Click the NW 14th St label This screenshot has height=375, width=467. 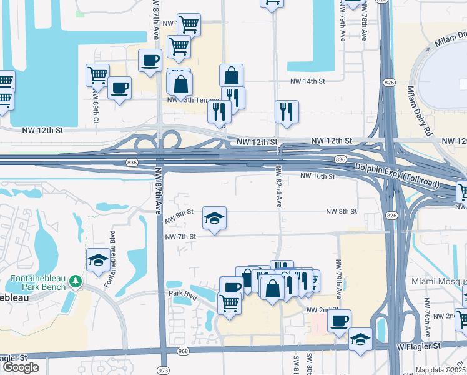(307, 81)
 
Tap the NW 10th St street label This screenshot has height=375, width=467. (318, 176)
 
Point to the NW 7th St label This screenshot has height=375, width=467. (180, 237)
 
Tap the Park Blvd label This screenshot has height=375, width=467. (183, 292)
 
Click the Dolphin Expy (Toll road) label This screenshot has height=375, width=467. (397, 176)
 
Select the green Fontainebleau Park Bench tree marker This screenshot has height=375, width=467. (76, 282)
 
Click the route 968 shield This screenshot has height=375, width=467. (182, 351)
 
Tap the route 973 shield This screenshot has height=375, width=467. (164, 370)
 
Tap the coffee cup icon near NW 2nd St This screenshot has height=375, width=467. (339, 321)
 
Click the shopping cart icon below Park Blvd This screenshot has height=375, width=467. (229, 302)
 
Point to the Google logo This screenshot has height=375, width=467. (21, 367)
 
